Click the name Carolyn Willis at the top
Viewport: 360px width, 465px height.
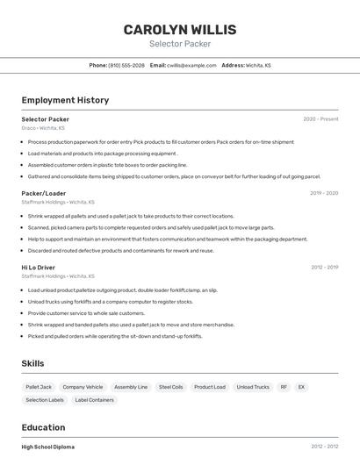(x=180, y=29)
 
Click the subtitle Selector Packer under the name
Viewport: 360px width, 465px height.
(x=180, y=44)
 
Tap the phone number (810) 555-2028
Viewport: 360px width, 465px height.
(x=126, y=65)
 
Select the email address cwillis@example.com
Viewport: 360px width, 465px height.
(x=191, y=65)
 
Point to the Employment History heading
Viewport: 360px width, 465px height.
(x=65, y=100)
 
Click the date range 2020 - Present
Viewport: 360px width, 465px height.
(x=320, y=119)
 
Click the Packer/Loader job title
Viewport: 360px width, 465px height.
(x=44, y=193)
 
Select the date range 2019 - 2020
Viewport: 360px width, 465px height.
(x=324, y=193)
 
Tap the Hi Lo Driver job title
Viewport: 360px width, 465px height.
(x=39, y=268)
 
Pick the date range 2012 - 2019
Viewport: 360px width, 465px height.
(x=324, y=268)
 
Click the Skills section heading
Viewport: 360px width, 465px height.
(x=33, y=363)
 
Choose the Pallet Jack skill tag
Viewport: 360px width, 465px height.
(x=39, y=387)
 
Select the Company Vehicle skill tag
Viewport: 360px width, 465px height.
(x=83, y=387)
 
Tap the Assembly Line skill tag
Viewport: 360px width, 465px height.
(x=131, y=387)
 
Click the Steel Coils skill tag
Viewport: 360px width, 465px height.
(x=170, y=387)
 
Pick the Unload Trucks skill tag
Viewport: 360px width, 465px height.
(x=253, y=387)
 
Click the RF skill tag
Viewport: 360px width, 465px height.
(x=284, y=387)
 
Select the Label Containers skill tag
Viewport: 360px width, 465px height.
(x=94, y=400)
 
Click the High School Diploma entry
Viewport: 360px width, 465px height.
(x=48, y=447)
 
